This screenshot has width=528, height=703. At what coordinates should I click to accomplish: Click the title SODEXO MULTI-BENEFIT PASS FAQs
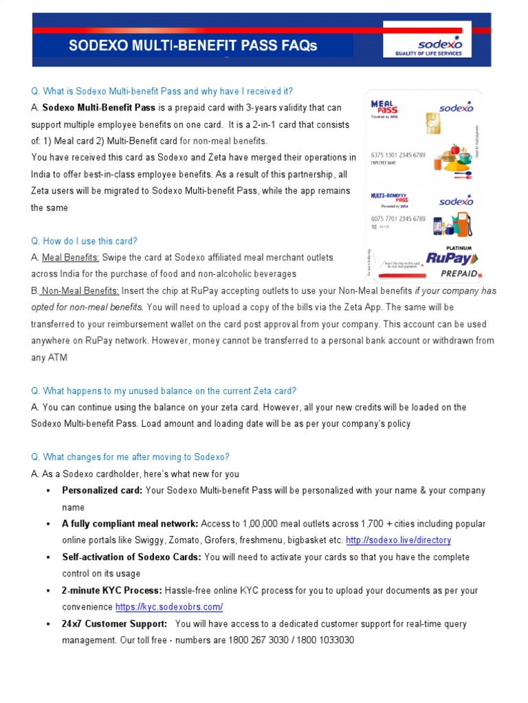[193, 47]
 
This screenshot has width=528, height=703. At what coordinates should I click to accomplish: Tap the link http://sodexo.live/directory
[398, 540]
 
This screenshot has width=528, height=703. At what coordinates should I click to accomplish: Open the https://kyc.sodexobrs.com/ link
[169, 607]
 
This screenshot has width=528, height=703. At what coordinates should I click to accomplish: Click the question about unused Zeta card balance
[164, 391]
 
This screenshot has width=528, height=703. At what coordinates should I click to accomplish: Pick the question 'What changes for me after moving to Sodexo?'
[130, 457]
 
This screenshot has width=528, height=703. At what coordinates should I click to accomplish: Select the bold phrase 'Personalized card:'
[102, 490]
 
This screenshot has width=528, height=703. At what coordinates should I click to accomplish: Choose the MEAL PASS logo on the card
[385, 108]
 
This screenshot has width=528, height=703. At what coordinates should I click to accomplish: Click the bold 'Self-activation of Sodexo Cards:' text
[131, 557]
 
